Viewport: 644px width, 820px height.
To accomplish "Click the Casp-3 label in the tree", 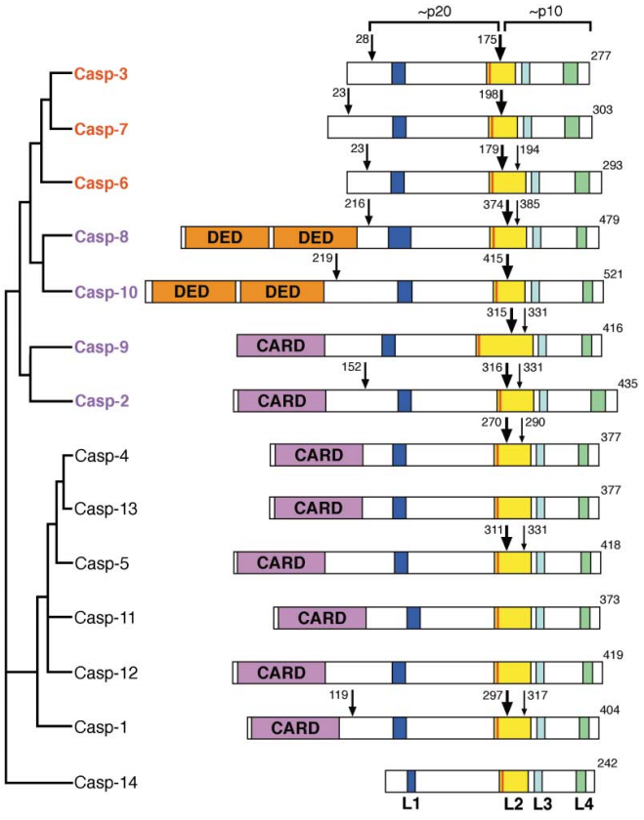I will click(x=101, y=73).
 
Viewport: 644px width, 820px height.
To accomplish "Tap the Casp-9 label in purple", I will click(x=101, y=347).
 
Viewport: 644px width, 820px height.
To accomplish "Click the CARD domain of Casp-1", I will click(x=295, y=728).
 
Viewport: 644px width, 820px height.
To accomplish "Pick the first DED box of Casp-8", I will click(x=228, y=237).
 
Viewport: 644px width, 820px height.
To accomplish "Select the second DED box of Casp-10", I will click(x=282, y=292).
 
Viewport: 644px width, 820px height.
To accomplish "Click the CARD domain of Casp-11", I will click(x=322, y=618).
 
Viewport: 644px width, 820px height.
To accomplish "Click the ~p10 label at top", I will click(x=553, y=11).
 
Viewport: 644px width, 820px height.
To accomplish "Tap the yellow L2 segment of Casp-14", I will click(x=515, y=782).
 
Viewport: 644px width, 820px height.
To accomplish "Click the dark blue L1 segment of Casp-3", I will click(x=398, y=74).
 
